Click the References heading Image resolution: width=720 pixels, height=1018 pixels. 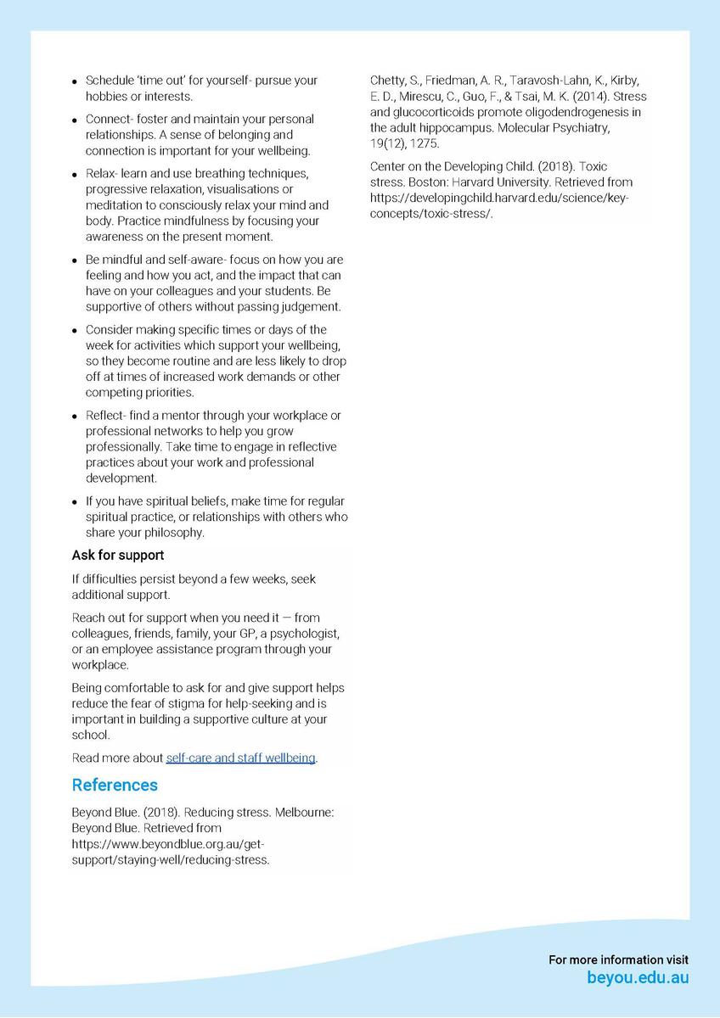(115, 785)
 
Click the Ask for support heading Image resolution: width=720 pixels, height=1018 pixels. (118, 555)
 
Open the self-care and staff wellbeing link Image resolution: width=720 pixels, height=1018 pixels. (240, 758)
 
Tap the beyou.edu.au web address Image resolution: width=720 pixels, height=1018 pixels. (638, 977)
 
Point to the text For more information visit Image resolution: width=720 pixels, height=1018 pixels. (618, 959)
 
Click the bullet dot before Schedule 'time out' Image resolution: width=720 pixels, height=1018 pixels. (76, 81)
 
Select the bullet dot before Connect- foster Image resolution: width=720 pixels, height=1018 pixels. (76, 120)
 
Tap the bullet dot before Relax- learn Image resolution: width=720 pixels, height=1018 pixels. (76, 175)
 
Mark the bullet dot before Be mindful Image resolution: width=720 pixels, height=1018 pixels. (76, 260)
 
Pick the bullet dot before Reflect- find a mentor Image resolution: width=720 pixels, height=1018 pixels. (76, 417)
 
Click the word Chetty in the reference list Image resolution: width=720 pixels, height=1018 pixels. (388, 81)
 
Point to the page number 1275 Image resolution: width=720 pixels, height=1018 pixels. (425, 143)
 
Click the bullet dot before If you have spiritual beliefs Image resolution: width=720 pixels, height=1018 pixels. (76, 502)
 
